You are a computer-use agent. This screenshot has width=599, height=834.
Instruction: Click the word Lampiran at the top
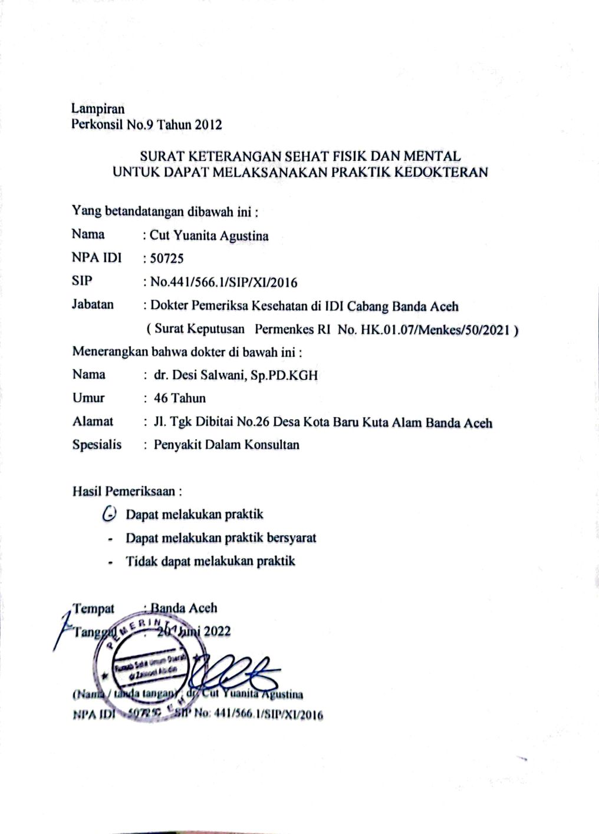coord(98,108)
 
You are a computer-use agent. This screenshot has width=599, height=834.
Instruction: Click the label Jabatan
coord(93,305)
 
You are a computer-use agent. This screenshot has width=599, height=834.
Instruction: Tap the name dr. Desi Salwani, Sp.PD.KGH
coord(236,375)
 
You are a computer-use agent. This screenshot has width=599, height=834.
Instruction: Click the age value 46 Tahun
coord(180,398)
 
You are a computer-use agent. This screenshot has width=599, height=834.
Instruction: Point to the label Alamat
coord(93,421)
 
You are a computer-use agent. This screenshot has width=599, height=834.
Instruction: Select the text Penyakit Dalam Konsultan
coord(226,445)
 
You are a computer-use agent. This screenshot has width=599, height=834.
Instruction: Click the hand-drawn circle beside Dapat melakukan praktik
coord(109,514)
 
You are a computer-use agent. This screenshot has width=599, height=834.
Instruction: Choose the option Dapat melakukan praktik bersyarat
coord(221,538)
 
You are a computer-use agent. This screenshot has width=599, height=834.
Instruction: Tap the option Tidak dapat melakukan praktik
coord(210,561)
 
